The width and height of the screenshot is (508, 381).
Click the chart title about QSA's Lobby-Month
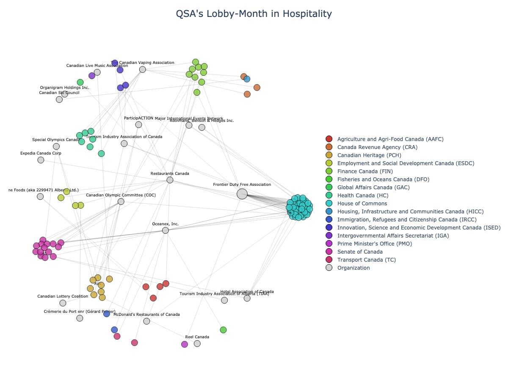pos(254,14)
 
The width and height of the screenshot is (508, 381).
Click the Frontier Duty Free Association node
pos(242,194)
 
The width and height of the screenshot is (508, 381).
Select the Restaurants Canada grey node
pos(170,180)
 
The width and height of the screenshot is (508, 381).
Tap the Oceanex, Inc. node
pos(166,230)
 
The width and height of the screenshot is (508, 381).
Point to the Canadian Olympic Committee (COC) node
pos(121,202)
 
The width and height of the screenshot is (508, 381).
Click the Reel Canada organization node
pos(197,343)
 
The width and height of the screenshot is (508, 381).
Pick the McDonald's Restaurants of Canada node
pos(146,321)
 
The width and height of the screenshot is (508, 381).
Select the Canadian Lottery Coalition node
pos(63,303)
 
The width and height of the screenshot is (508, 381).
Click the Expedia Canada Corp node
pos(41,160)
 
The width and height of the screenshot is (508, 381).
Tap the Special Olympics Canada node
pos(56,146)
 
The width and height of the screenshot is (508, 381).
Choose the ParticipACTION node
pos(138,124)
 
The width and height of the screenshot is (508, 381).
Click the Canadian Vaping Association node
pos(143,69)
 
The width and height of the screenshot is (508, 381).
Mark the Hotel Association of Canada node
pos(247,298)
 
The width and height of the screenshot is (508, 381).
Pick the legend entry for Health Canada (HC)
pos(362,196)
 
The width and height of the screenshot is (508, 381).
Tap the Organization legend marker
pos(329,268)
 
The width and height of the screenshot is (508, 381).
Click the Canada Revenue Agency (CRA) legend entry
pos(377,147)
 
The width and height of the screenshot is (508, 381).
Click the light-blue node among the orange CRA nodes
pos(247,79)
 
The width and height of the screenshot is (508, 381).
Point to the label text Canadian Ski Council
pos(59,93)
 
